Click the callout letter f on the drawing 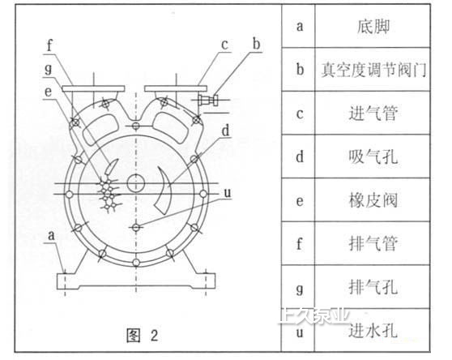(50, 45)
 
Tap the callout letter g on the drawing (49, 69)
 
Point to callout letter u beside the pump (228, 193)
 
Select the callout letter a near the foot (51, 236)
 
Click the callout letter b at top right (256, 45)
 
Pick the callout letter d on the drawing (226, 131)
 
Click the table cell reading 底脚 (373, 27)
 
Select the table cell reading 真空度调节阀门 (373, 70)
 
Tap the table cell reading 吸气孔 (373, 157)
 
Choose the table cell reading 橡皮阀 (373, 200)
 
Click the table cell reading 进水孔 (373, 330)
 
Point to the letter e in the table (300, 201)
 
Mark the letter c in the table (300, 114)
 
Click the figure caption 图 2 (143, 335)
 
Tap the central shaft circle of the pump (136, 183)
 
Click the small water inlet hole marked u (136, 228)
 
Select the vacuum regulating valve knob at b (208, 100)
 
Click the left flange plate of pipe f (93, 88)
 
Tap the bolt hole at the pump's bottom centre (136, 263)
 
